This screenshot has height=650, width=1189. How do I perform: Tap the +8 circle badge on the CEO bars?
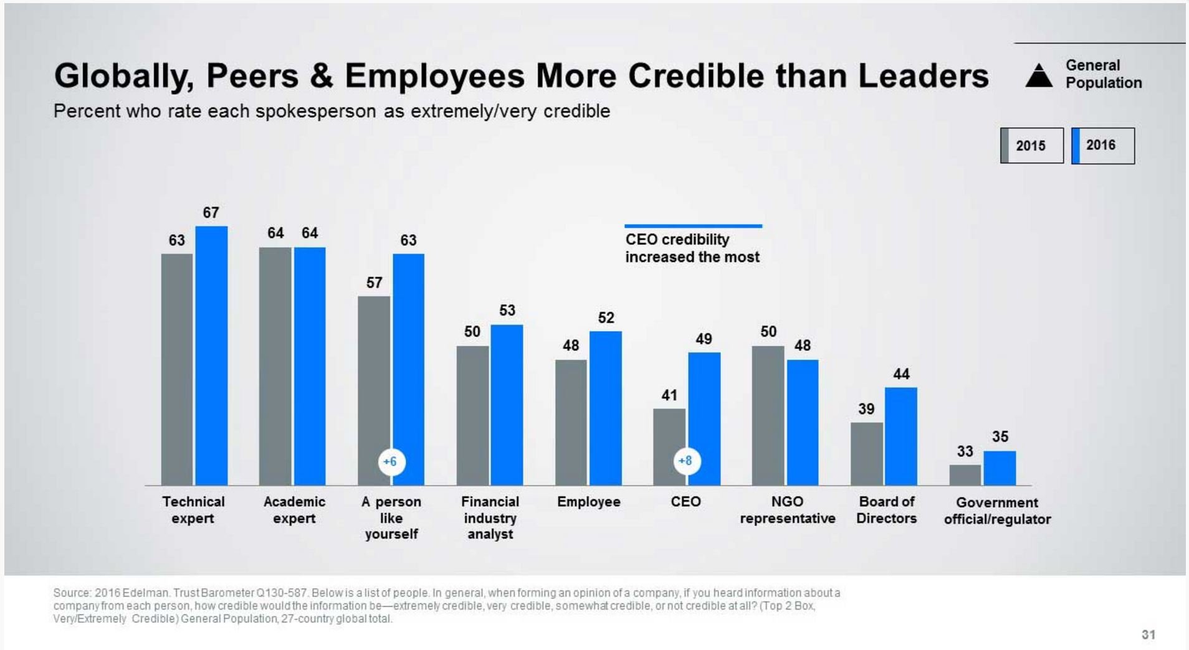pos(685,461)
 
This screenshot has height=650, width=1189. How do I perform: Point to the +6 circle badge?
pos(391,462)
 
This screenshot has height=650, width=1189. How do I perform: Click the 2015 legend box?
pos(1031,146)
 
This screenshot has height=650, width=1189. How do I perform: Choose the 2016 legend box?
pos(1102,146)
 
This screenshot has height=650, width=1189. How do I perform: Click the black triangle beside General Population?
pos(1038,76)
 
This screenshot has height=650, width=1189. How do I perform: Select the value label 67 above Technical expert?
pos(211,213)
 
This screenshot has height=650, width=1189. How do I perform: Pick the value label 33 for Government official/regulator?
pos(965,451)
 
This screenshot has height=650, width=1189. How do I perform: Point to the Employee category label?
pos(588,502)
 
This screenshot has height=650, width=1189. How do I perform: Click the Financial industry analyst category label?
pos(490,518)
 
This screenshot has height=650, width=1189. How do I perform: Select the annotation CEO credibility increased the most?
pos(692,248)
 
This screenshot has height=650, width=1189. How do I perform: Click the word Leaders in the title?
pos(923,76)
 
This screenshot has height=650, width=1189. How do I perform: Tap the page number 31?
pos(1148,634)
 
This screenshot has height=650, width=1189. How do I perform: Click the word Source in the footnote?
pos(71,593)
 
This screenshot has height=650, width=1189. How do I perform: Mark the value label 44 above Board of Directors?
pos(901,374)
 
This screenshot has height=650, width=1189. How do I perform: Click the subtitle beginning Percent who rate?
pos(332,111)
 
